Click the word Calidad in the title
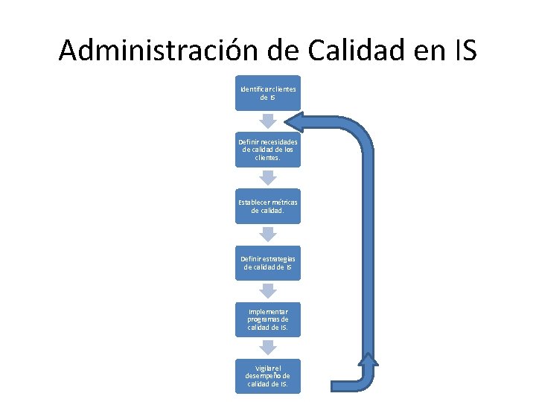click(x=347, y=50)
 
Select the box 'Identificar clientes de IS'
click(x=268, y=93)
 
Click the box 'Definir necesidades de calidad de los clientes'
click(x=268, y=150)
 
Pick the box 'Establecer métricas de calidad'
click(x=268, y=206)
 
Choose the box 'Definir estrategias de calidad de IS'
click(x=268, y=263)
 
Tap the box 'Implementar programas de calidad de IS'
click(x=268, y=319)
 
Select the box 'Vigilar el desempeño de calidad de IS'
click(x=268, y=376)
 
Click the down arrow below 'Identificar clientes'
click(x=268, y=121)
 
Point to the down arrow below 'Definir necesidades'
click(x=268, y=177)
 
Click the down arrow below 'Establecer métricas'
click(x=268, y=234)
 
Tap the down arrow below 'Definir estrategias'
click(x=268, y=290)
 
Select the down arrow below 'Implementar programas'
click(x=268, y=347)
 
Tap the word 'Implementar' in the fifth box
click(x=268, y=311)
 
